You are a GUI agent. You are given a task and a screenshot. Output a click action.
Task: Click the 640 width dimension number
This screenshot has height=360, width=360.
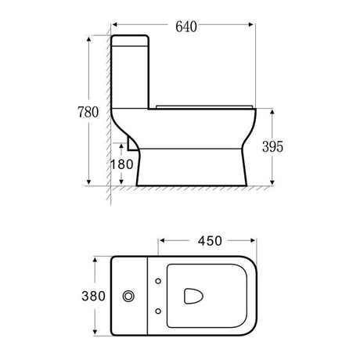pos(185,26)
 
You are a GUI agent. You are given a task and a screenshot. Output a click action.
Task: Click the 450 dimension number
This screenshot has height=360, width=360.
pos(207,240)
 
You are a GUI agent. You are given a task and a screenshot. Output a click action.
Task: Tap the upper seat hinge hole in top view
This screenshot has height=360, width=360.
pos(159,281)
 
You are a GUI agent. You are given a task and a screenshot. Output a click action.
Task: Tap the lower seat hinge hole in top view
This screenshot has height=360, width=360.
pos(159,314)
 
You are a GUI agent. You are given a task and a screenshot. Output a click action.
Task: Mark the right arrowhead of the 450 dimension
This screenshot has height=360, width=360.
pos(252,240)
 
